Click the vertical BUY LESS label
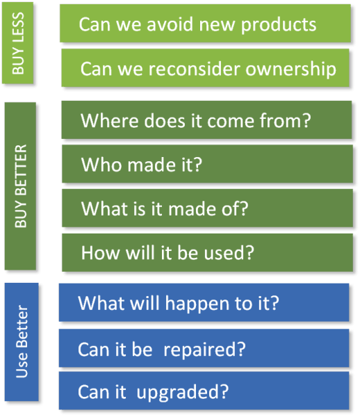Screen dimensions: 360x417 pyautogui.click(x=18, y=43)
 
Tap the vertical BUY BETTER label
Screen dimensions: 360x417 pyautogui.click(x=21, y=186)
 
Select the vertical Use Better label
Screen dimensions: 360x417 pyautogui.click(x=22, y=341)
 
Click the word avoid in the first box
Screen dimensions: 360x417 pyautogui.click(x=170, y=24)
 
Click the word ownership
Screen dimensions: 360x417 pyautogui.click(x=291, y=69)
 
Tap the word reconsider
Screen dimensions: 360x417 pyautogui.click(x=195, y=69)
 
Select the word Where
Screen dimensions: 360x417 pyautogui.click(x=109, y=120)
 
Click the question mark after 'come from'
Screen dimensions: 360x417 pyautogui.click(x=306, y=120)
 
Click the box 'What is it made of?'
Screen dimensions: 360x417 pyautogui.click(x=207, y=208)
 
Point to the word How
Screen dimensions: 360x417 pyautogui.click(x=100, y=252)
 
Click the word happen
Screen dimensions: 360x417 pyautogui.click(x=197, y=304)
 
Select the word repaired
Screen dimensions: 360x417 pyautogui.click(x=199, y=350)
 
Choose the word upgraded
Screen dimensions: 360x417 pyautogui.click(x=177, y=393)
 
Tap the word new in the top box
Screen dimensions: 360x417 pyautogui.click(x=217, y=25)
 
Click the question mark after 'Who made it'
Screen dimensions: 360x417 pyautogui.click(x=197, y=164)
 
